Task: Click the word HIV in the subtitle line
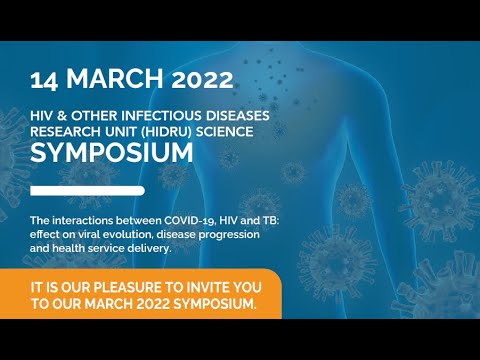42,112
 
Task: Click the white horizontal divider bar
87,190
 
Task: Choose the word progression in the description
226,233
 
